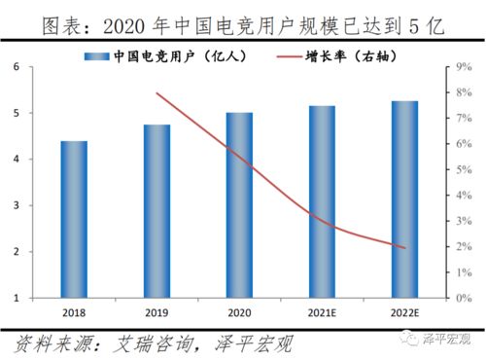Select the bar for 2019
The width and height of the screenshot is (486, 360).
(156, 211)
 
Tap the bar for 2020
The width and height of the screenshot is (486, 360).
(239, 205)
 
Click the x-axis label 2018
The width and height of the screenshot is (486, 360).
(74, 312)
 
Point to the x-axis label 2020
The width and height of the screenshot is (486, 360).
(239, 312)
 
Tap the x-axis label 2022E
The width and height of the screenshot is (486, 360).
(404, 312)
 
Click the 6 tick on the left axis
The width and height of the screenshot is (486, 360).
(17, 67)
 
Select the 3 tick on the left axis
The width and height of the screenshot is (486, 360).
(17, 205)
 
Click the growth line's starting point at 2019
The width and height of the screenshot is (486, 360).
(156, 93)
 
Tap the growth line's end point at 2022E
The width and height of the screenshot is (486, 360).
(404, 247)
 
